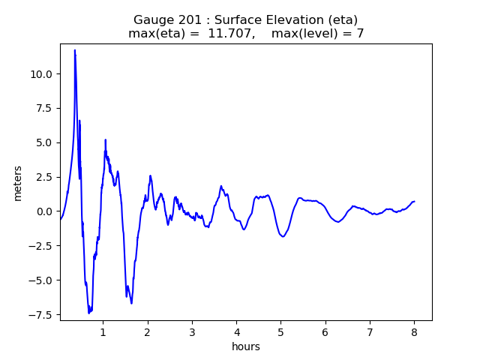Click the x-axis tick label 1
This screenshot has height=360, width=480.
point(103,331)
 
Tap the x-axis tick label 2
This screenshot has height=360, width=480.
point(148,331)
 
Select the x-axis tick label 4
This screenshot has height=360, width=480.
point(236,331)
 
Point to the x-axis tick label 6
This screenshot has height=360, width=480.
point(325,331)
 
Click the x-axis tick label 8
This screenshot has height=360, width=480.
point(414,331)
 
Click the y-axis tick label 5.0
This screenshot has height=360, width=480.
point(42,142)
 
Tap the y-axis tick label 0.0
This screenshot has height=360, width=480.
point(42,211)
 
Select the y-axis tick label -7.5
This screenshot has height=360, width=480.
point(39,315)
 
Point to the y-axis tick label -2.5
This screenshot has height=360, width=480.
point(39,246)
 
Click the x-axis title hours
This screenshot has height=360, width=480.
point(246,346)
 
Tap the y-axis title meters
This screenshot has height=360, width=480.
point(18,182)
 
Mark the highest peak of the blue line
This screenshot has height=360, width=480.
point(75,50)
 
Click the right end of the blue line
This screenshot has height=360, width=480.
point(414,201)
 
